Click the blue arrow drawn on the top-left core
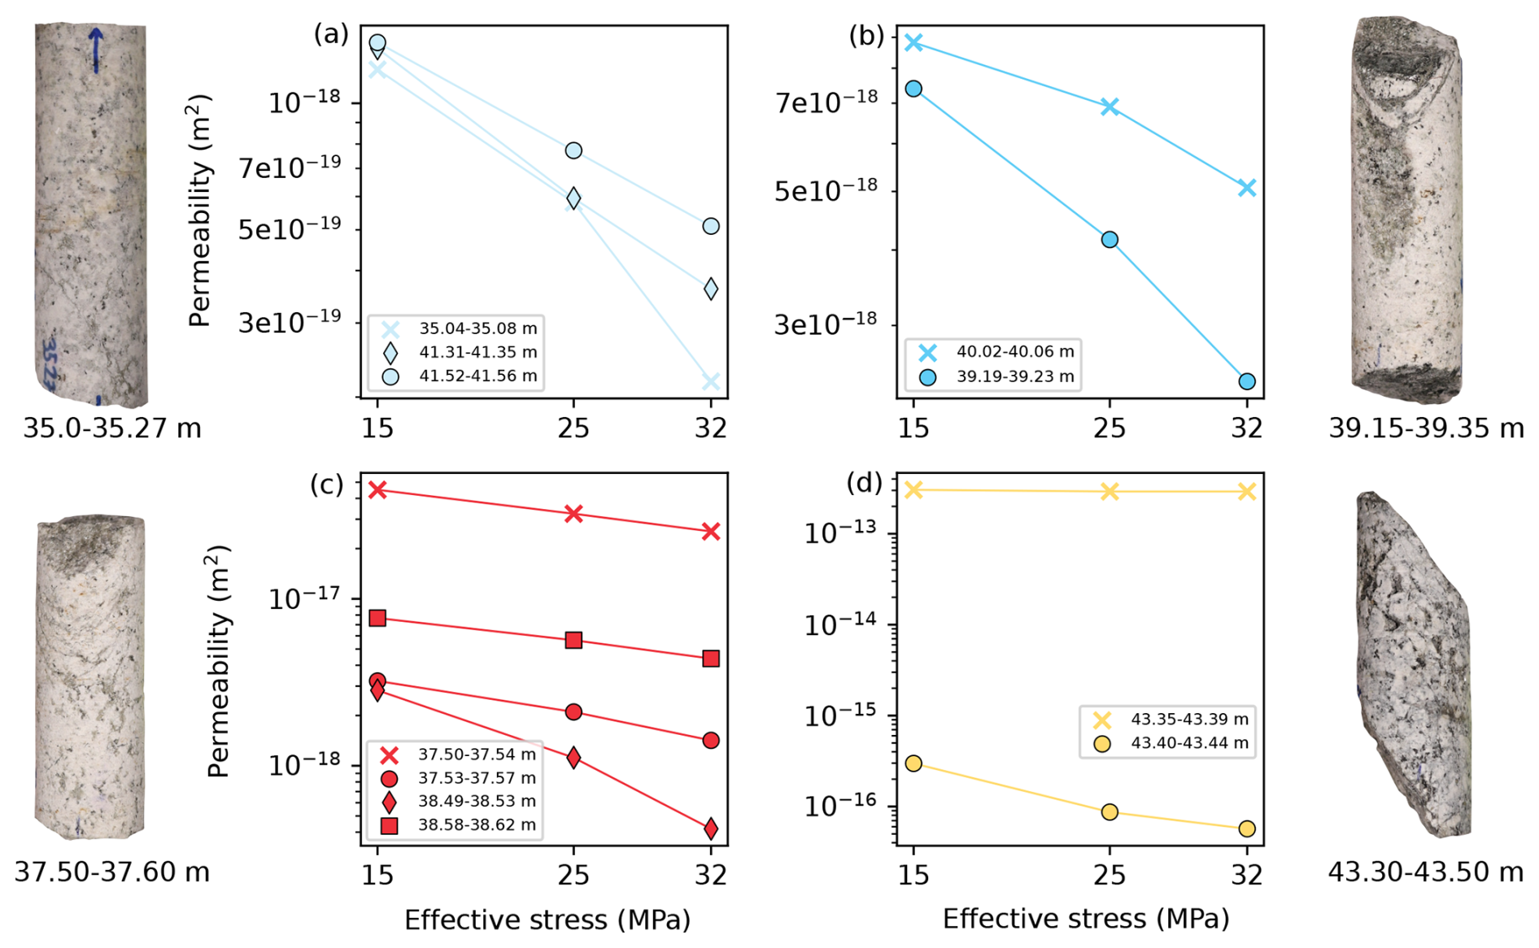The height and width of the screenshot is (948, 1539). pos(96,49)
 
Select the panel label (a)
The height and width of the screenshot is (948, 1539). pos(331,34)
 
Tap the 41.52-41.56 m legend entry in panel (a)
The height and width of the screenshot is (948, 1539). pos(477,376)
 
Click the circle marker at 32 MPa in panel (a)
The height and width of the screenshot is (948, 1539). pos(711,226)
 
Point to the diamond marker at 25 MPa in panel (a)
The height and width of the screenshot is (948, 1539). pos(573,198)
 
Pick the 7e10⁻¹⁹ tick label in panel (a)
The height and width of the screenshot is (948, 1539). pos(290,168)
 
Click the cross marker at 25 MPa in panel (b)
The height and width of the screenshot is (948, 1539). pos(1110,107)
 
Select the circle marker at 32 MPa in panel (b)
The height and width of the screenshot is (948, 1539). pos(1247,381)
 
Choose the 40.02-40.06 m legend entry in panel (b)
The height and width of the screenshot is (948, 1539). pos(1014,352)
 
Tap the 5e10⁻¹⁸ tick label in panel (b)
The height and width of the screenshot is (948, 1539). pos(826,192)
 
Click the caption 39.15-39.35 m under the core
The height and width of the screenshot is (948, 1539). pos(1426,428)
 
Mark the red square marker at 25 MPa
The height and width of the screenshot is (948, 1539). pos(573,641)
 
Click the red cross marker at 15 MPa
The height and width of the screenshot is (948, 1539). pos(377,489)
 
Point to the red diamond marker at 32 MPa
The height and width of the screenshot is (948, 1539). pos(711,828)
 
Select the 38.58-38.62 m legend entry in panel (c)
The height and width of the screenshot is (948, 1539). pos(477,825)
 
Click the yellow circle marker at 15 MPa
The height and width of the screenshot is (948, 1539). pos(913,763)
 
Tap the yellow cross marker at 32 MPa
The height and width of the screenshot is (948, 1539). pos(1247,491)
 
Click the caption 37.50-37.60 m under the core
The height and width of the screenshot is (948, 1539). pos(112,872)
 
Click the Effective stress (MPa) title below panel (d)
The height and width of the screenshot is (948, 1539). pos(1085,920)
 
